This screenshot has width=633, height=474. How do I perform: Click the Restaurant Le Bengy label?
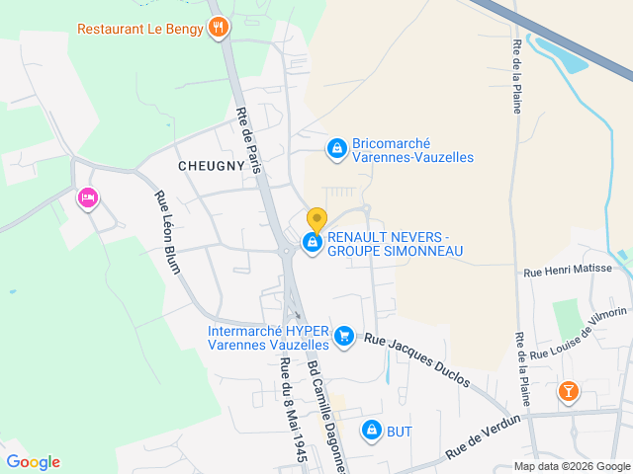click(x=140, y=28)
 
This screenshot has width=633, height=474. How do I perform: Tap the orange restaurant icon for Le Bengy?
click(x=219, y=27)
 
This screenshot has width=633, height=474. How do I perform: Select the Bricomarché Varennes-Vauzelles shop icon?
click(x=337, y=148)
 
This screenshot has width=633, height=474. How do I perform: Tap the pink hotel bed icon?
click(x=87, y=199)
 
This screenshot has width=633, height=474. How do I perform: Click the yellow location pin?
click(x=316, y=219)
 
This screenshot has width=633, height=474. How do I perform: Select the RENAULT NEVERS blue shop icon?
click(x=313, y=242)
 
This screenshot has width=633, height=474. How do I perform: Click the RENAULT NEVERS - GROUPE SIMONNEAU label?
click(x=395, y=244)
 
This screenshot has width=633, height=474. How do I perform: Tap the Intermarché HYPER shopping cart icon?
click(x=343, y=337)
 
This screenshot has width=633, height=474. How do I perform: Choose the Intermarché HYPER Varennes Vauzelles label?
click(x=268, y=338)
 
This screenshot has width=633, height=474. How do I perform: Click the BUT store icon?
click(x=372, y=431)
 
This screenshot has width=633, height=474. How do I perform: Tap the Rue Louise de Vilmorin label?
click(x=579, y=332)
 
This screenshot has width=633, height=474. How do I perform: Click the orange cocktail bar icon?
click(x=569, y=392)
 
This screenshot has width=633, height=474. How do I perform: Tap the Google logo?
click(x=34, y=461)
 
